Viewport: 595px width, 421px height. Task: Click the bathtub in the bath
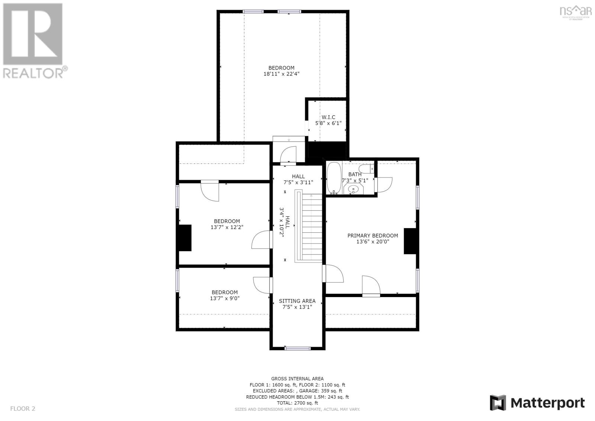click(334, 178)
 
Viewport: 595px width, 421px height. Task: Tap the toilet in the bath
click(366, 169)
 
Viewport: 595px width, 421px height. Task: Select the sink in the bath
click(353, 189)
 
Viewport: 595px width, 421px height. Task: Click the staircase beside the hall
click(309, 226)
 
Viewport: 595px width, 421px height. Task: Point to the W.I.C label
click(328, 117)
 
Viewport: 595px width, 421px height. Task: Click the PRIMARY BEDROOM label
click(373, 236)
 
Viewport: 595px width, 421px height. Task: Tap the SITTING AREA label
click(297, 301)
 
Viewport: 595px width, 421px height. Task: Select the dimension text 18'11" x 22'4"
click(281, 74)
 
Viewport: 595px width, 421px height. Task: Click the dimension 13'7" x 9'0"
click(225, 299)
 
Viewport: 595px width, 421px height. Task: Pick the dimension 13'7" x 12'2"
click(227, 227)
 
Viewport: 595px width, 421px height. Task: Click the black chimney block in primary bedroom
click(410, 241)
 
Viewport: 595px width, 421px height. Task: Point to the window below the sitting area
click(297, 348)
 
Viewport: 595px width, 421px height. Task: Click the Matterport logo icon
click(498, 403)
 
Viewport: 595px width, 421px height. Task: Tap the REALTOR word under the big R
click(33, 73)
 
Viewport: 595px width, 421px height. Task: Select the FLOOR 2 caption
click(23, 408)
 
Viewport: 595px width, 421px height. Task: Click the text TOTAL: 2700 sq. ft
click(297, 403)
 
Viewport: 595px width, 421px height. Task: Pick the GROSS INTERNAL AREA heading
click(297, 379)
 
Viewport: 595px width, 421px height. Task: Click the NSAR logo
click(575, 13)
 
